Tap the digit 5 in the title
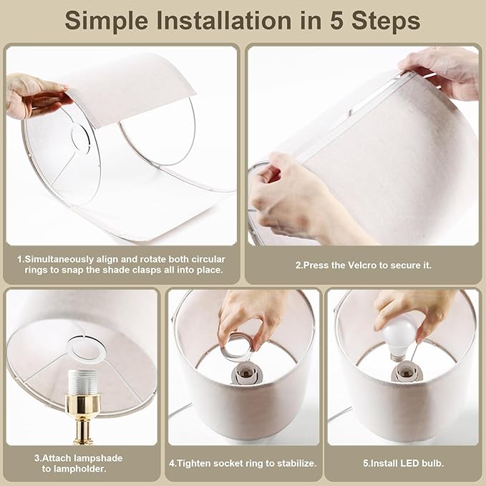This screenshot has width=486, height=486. coord(334,21)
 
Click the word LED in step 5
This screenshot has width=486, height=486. coord(401,463)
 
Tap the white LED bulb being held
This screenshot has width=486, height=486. coord(399,336)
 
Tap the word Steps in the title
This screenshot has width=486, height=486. coord(386,21)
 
